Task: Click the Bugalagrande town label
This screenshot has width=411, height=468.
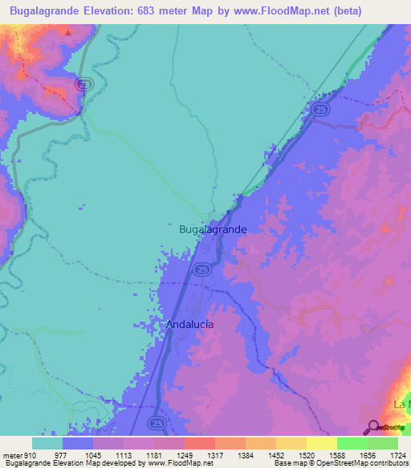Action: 212,229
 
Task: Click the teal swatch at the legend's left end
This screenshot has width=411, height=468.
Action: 47,443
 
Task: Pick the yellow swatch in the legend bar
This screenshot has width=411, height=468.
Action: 322,443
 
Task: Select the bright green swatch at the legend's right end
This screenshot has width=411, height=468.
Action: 383,443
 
